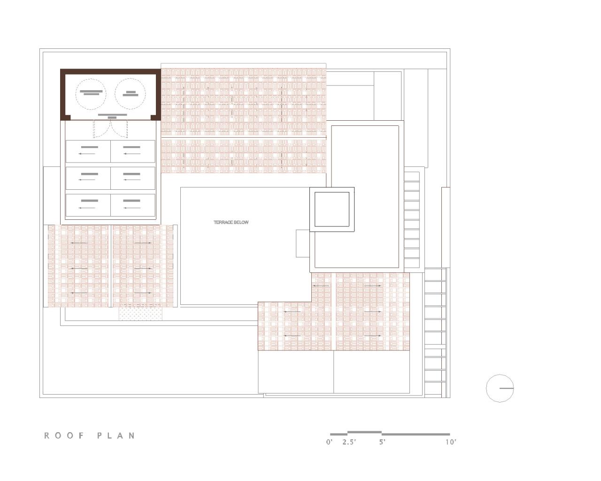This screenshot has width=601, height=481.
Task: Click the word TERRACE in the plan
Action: [223, 223]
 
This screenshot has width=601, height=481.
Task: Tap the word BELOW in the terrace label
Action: [241, 223]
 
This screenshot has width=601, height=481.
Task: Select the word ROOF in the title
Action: [64, 436]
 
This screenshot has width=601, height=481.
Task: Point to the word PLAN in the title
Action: [116, 436]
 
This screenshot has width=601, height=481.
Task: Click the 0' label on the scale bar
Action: [329, 442]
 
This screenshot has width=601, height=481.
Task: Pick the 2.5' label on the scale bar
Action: [349, 442]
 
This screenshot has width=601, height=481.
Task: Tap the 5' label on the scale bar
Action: [383, 442]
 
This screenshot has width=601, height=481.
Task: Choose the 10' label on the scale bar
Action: [451, 442]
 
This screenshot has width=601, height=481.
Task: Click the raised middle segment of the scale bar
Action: [364, 432]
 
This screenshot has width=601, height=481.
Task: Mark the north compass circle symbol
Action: [500, 388]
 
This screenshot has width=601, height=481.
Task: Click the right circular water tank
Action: [130, 93]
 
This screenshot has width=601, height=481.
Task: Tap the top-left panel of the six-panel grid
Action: [88, 151]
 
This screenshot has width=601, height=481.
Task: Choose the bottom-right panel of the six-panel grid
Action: [133, 205]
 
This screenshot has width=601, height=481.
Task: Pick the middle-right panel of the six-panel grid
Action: [133, 178]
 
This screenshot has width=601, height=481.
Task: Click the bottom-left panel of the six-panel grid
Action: [88, 205]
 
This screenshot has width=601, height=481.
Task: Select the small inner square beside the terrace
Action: [331, 209]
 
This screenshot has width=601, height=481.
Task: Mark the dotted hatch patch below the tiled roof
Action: [140, 312]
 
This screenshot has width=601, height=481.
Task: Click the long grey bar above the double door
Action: [112, 114]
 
